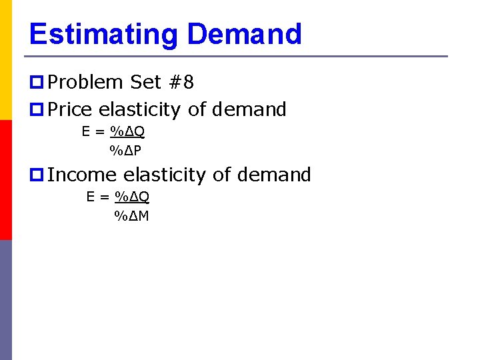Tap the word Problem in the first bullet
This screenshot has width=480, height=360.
[x=85, y=82]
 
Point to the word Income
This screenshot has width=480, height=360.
[x=83, y=175]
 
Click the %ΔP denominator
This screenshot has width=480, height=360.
[x=125, y=151]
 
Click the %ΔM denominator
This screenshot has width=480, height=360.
[x=131, y=215]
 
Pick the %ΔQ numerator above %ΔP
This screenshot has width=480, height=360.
[x=127, y=131]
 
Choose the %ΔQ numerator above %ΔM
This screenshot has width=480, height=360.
[x=132, y=197]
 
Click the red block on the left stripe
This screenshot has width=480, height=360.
[x=6, y=180]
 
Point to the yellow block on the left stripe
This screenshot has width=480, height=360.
[x=6, y=60]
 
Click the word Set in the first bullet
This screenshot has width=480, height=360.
[x=145, y=82]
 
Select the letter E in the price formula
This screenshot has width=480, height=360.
[x=86, y=131]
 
